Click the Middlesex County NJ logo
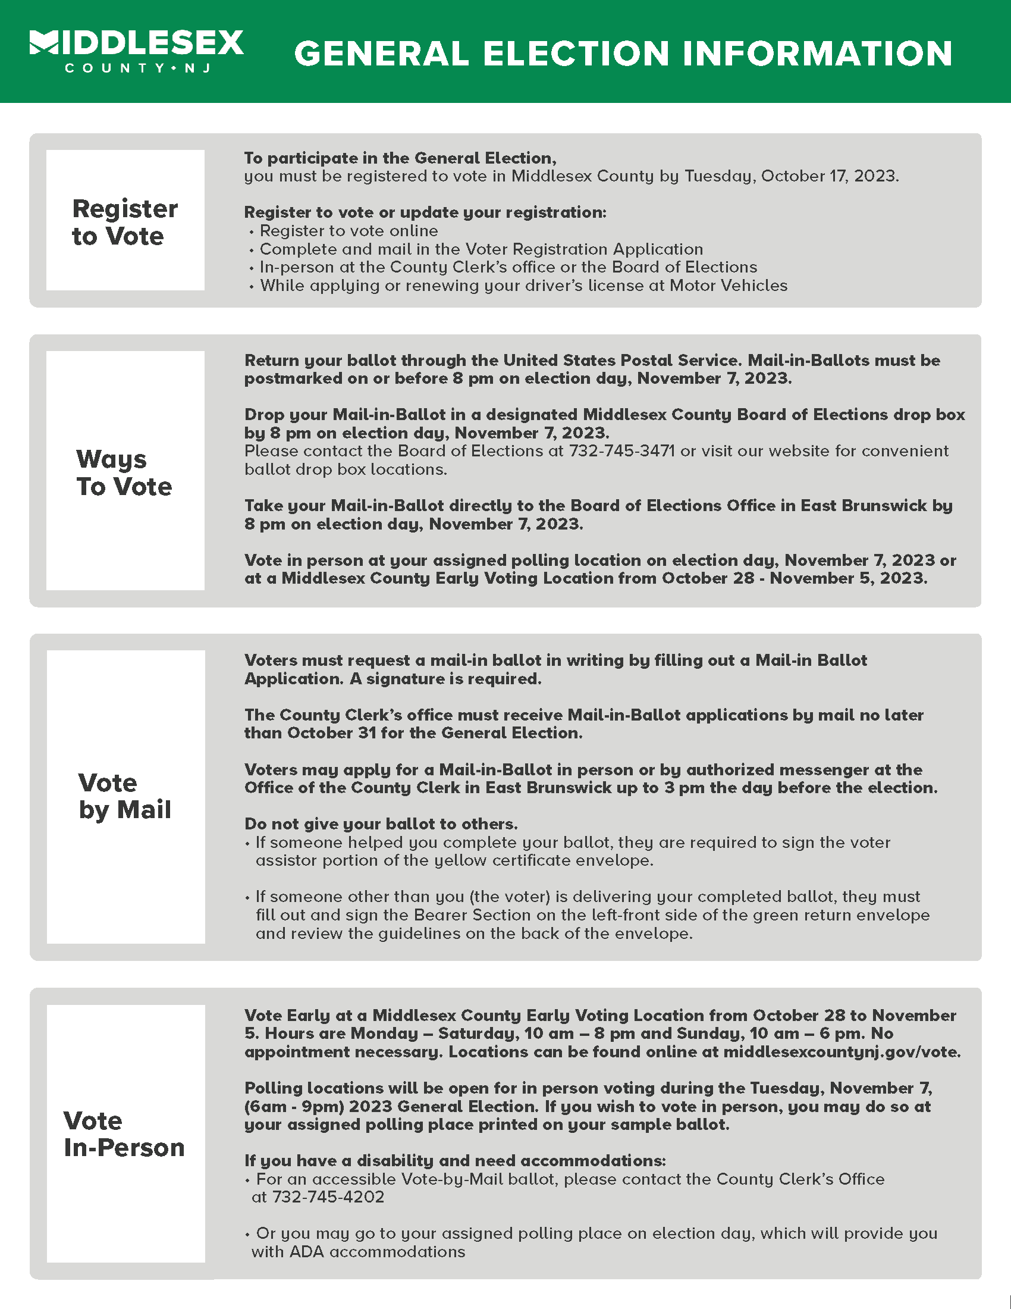[x=137, y=51]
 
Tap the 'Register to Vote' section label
[x=124, y=222]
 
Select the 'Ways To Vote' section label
[x=124, y=472]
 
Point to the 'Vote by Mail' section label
[x=124, y=796]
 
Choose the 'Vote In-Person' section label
[x=124, y=1134]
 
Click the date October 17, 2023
[x=829, y=176]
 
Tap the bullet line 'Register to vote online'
[x=348, y=231]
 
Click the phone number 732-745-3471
[x=621, y=451]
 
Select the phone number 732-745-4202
[x=328, y=1197]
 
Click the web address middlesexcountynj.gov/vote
[x=841, y=1052]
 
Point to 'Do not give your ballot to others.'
[x=381, y=823]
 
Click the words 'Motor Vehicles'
[x=728, y=285]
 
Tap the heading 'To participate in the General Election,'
[x=400, y=158]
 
